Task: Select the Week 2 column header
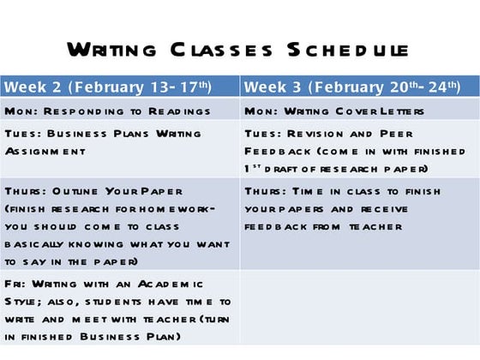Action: [120, 87]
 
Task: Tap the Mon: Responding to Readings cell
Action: [120, 111]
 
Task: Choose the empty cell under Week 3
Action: [359, 308]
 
